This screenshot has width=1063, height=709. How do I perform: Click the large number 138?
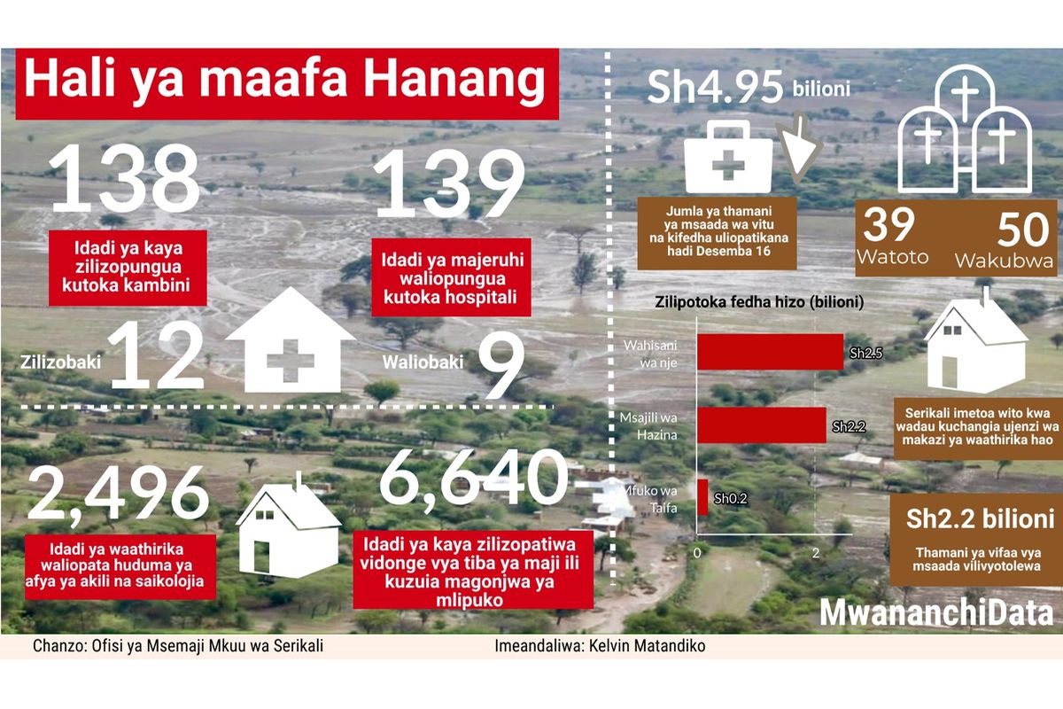pyautogui.click(x=124, y=178)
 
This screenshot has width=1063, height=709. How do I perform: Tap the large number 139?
pyautogui.click(x=448, y=183)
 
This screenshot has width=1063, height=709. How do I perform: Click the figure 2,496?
pyautogui.click(x=119, y=495)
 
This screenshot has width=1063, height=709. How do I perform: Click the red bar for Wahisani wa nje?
pyautogui.click(x=770, y=352)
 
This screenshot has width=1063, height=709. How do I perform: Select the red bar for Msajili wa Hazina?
pyautogui.click(x=762, y=425)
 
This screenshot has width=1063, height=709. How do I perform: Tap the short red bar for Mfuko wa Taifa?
pyautogui.click(x=702, y=497)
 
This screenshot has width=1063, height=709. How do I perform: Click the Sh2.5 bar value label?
pyautogui.click(x=865, y=354)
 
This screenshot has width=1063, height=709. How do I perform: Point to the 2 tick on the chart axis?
pyautogui.click(x=815, y=553)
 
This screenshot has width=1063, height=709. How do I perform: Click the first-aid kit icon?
pyautogui.click(x=728, y=157)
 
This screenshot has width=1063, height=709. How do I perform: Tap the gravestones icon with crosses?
pyautogui.click(x=965, y=129)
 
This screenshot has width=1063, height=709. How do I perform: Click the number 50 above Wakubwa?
pyautogui.click(x=1022, y=230)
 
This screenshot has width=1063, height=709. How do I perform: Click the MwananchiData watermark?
pyautogui.click(x=937, y=612)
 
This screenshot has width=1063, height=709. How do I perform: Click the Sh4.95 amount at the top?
pyautogui.click(x=715, y=88)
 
